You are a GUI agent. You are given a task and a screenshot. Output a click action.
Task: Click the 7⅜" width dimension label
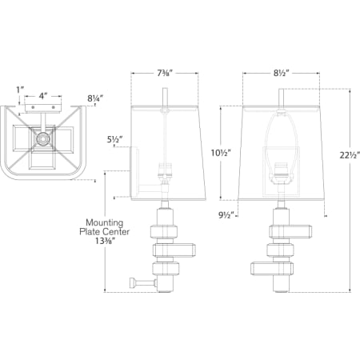click(164, 73)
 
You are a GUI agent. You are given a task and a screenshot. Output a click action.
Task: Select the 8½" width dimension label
click(280, 73)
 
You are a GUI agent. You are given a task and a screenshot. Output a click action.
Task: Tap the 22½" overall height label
click(350, 155)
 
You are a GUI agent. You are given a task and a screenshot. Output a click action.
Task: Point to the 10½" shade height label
click(221, 153)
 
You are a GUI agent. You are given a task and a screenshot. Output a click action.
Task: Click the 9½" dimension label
click(226, 215)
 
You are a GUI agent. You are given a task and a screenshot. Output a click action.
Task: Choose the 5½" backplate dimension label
click(115, 139)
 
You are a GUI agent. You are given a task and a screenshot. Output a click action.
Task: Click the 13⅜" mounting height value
click(105, 241)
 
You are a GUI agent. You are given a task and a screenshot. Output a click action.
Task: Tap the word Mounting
click(105, 222)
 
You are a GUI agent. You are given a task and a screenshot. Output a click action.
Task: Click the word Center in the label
click(116, 232)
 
